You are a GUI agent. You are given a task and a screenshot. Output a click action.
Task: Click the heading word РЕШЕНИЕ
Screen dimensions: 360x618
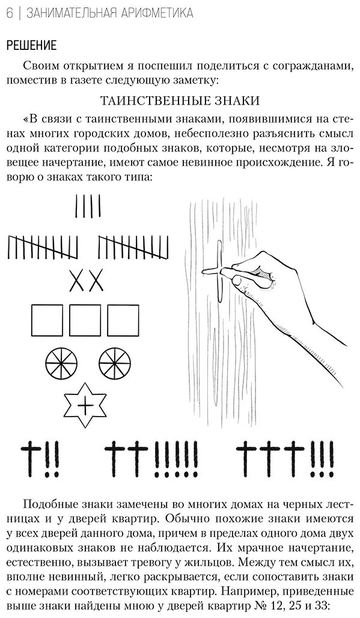[x=31, y=45]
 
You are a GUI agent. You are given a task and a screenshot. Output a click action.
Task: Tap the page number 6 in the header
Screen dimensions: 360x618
[x=10, y=13]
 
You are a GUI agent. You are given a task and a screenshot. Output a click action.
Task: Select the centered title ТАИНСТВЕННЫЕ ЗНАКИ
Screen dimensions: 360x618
[x=180, y=101]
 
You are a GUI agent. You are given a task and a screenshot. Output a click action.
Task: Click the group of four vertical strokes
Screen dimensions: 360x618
[x=87, y=207]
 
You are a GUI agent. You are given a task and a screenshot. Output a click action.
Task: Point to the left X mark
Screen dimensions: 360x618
[x=77, y=280]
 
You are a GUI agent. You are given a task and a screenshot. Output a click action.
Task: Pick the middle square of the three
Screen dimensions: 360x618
[x=85, y=320]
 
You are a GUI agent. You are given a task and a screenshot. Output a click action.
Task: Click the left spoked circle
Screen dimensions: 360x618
[x=61, y=363]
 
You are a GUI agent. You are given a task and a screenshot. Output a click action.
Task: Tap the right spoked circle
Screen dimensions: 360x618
[x=115, y=363]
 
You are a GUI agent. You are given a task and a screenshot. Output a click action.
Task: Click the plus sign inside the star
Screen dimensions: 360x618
[x=85, y=405]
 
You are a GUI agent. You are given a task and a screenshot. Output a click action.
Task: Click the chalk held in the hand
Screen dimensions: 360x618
[x=227, y=272]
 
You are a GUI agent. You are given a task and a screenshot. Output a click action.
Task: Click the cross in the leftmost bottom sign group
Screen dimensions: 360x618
[x=31, y=457]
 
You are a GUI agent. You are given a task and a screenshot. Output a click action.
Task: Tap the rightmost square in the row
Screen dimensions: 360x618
[x=123, y=320]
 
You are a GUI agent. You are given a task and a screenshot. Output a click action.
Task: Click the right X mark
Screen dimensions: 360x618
[x=96, y=280]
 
